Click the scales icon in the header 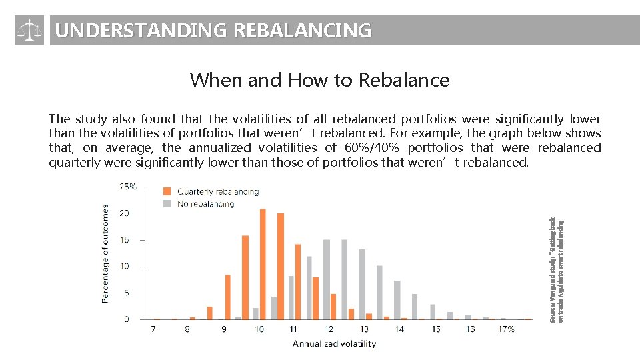point(29,31)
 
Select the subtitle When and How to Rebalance point(319,80)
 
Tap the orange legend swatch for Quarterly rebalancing point(167,191)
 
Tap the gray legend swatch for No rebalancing point(167,203)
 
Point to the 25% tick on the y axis point(128,187)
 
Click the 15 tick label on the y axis point(124,240)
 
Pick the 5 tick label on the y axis point(126,293)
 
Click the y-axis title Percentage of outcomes point(105,254)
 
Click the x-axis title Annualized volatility point(334,344)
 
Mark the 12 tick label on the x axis point(329,329)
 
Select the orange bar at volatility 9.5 point(245,277)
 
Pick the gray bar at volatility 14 point(397,300)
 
